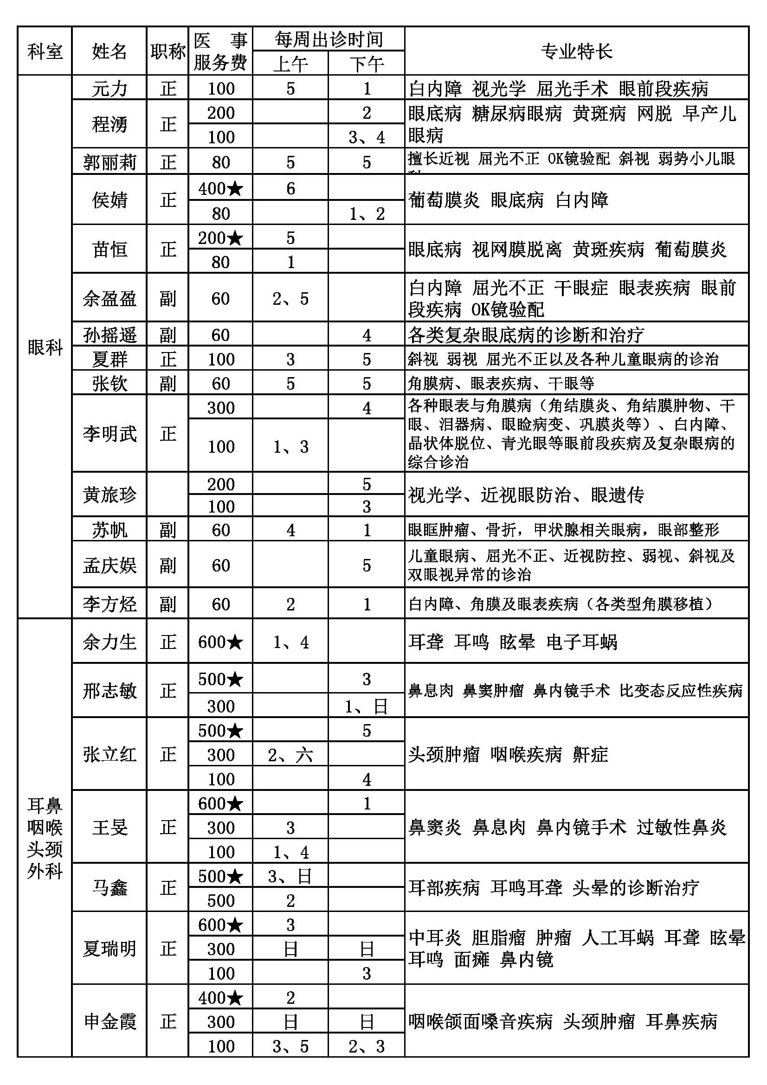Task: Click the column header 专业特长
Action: click(x=576, y=51)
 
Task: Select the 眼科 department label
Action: click(x=45, y=347)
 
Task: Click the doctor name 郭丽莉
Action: click(x=109, y=162)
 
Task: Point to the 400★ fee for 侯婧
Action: click(x=220, y=188)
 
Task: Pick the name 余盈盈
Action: click(x=109, y=298)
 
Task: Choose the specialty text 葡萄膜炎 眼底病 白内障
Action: click(x=508, y=200)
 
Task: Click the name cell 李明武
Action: click(x=109, y=433)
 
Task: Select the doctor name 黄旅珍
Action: click(x=109, y=495)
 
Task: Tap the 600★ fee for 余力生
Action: click(x=220, y=642)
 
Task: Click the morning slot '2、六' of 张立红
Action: click(x=290, y=755)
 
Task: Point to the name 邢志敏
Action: click(x=109, y=691)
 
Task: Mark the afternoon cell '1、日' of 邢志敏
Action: click(x=366, y=706)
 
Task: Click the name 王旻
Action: click(x=109, y=827)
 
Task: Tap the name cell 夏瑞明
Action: click(x=109, y=949)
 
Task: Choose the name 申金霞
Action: click(x=109, y=1021)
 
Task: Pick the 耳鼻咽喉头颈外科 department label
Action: click(x=45, y=837)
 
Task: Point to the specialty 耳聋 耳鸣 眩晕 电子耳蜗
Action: click(x=513, y=642)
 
